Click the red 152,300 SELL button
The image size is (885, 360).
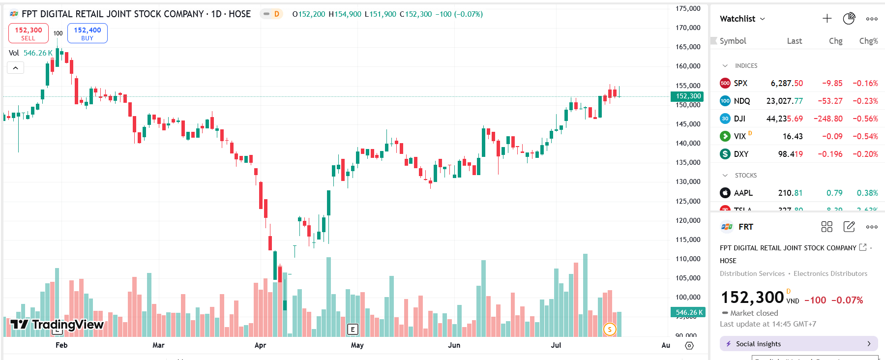pyautogui.click(x=29, y=33)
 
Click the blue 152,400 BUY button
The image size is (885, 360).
pyautogui.click(x=87, y=33)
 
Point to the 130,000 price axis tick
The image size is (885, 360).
pyautogui.click(x=688, y=181)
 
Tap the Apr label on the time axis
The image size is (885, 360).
pyautogui.click(x=260, y=345)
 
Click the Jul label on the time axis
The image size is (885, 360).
pyautogui.click(x=556, y=345)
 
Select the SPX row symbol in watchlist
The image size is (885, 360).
pyautogui.click(x=740, y=83)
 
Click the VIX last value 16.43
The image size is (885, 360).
pyautogui.click(x=792, y=136)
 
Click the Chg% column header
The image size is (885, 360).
pyautogui.click(x=868, y=41)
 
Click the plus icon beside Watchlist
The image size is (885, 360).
pyautogui.click(x=827, y=19)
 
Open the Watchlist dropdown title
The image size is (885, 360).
pyautogui.click(x=742, y=19)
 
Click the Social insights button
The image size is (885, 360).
pyautogui.click(x=798, y=344)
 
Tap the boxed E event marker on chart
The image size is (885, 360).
pyautogui.click(x=353, y=330)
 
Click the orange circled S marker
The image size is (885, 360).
pyautogui.click(x=609, y=330)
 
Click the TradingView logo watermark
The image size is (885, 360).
pyautogui.click(x=57, y=324)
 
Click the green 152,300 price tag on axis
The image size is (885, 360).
pyautogui.click(x=687, y=96)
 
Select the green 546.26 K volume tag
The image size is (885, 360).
pyautogui.click(x=687, y=312)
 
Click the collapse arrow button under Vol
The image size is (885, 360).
pyautogui.click(x=15, y=68)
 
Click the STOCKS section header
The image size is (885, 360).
pyautogui.click(x=745, y=175)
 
